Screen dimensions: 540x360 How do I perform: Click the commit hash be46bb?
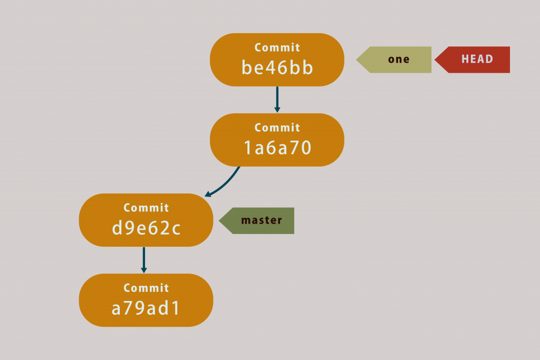277,68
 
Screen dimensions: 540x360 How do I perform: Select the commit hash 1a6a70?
277,148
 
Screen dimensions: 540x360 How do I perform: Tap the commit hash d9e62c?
147,228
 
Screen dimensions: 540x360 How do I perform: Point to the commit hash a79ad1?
146,308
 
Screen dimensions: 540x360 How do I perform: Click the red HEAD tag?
473,60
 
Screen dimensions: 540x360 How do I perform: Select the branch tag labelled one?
395,60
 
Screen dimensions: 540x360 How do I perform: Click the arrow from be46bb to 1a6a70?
277,99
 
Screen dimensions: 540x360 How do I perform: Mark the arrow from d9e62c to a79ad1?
144,259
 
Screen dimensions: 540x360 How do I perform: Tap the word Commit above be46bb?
277,47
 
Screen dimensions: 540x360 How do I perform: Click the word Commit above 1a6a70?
277,128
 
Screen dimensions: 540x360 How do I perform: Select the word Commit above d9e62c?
147,208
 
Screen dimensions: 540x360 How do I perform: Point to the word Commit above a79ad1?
147,288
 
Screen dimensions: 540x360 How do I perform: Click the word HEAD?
477,60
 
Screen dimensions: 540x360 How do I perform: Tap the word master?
262,220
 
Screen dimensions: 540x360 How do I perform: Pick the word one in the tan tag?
399,60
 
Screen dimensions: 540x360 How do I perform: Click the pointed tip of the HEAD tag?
436,60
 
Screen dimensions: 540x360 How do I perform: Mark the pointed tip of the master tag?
220,220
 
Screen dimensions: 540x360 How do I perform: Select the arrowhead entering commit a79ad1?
144,269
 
